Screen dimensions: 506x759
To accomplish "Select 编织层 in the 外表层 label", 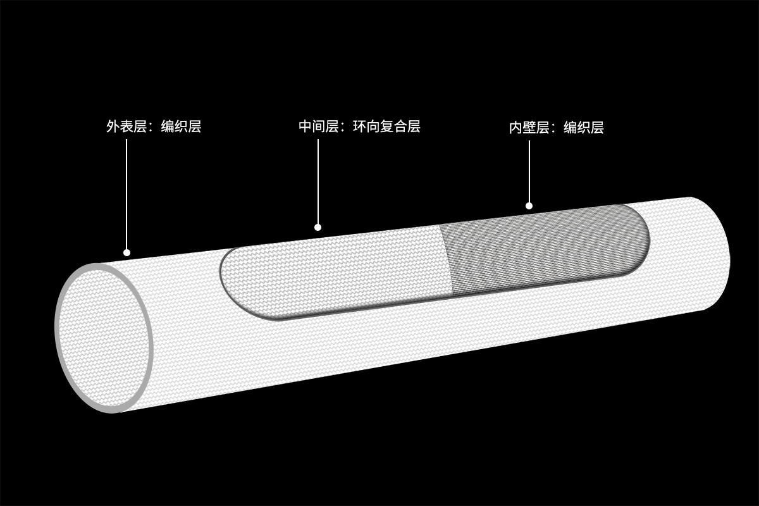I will pyautogui.click(x=181, y=126).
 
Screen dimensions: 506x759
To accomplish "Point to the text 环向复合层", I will pyautogui.click(x=386, y=126).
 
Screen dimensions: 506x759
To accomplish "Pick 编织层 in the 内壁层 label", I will pyautogui.click(x=584, y=128).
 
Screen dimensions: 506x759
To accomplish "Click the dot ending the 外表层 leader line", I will pyautogui.click(x=126, y=253).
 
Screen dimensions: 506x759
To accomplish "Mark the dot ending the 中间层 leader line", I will pyautogui.click(x=318, y=227).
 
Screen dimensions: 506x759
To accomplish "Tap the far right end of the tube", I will pyautogui.click(x=724, y=253).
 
